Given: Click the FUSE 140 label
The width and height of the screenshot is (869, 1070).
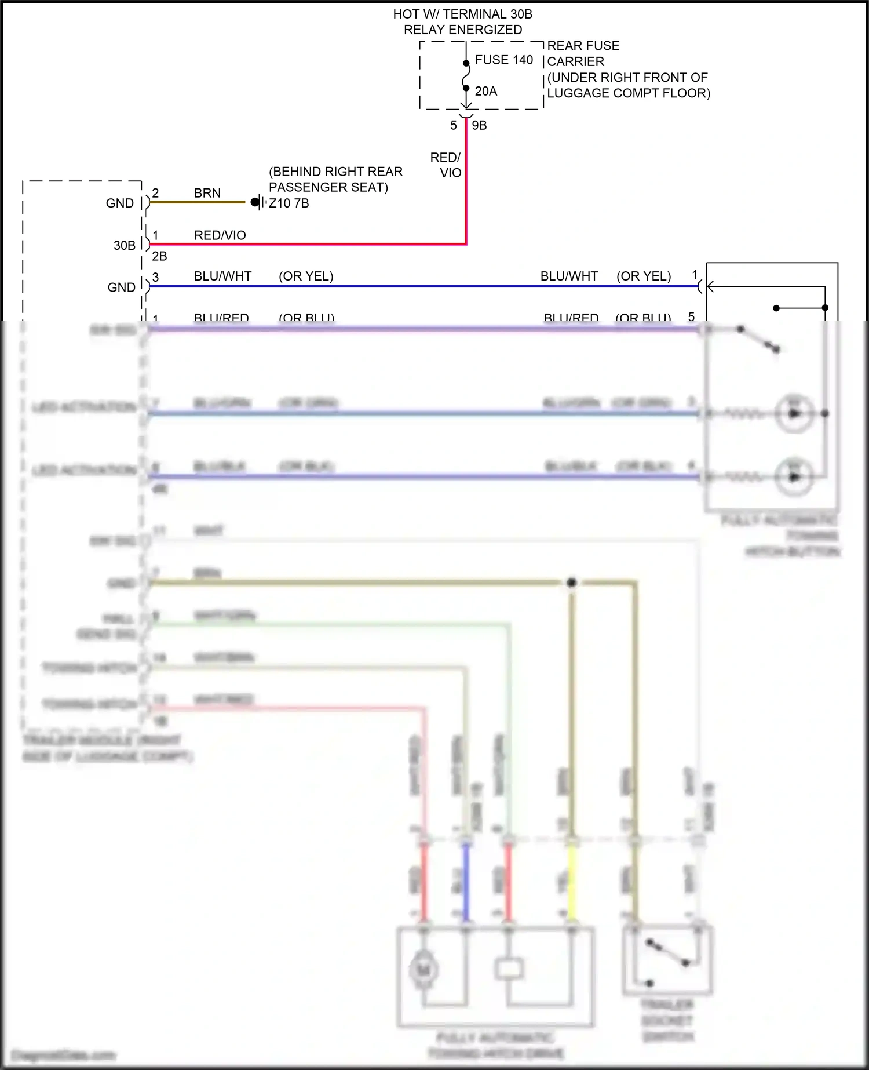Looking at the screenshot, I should (503, 60).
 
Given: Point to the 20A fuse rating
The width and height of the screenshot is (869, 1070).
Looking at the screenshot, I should (485, 91).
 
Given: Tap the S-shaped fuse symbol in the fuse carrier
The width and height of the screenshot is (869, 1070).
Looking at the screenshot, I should (466, 76).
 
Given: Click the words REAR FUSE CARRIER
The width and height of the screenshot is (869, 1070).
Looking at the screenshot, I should (583, 53).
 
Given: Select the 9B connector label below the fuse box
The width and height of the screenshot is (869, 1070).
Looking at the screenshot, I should (479, 125).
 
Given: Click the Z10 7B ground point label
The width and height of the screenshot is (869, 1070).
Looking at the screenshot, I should (289, 203).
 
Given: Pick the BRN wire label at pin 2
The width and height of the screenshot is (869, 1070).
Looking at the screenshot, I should (207, 193).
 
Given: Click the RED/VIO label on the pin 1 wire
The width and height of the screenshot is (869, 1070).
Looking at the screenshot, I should (220, 235).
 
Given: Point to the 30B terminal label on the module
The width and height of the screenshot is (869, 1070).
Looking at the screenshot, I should (124, 245).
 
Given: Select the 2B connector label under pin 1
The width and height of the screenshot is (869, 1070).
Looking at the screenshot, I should (159, 256).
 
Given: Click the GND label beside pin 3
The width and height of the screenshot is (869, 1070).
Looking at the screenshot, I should (121, 287).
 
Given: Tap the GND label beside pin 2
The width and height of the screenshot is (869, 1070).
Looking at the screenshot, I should (119, 203).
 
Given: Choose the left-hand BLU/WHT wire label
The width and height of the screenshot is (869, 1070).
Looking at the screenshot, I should (222, 276).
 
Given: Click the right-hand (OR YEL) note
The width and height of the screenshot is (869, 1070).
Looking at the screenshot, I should (644, 276).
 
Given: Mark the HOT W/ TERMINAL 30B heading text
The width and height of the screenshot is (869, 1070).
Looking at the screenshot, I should (462, 14).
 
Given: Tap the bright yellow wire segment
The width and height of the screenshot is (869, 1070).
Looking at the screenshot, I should (571, 881).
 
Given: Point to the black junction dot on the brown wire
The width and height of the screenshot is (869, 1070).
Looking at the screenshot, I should (571, 582).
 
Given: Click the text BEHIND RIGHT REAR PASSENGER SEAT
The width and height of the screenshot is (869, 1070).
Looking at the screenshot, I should (335, 179).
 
